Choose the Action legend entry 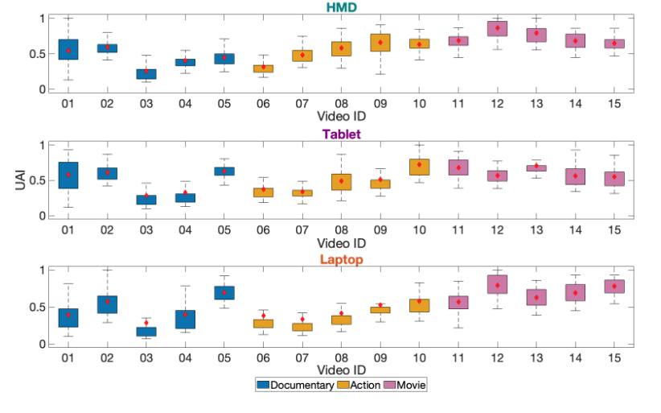[363, 385]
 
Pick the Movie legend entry [409, 385]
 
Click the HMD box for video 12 [497, 29]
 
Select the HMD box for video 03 [146, 73]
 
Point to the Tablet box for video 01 [68, 175]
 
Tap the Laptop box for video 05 [224, 292]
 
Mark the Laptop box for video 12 [497, 284]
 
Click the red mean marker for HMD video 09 [380, 42]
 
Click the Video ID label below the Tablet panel [341, 243]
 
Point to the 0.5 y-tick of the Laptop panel [41, 307]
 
